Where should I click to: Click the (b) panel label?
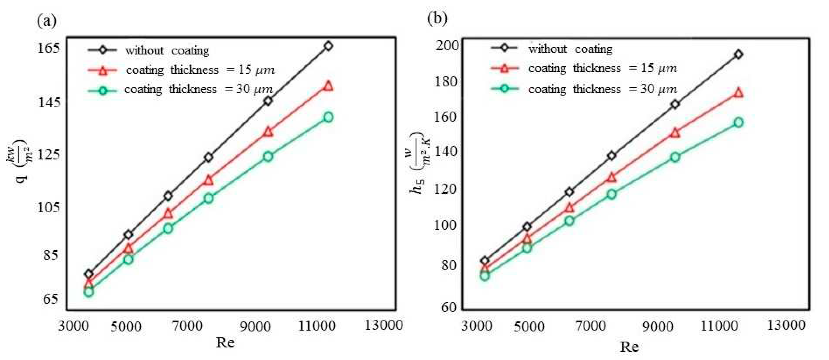point(437,18)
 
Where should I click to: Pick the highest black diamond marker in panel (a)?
point(328,46)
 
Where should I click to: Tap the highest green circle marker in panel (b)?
point(739,122)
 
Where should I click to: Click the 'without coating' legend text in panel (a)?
point(167,51)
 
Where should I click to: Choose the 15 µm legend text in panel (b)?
point(603,69)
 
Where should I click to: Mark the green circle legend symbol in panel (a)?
point(103,90)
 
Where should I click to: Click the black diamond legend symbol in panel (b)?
point(505,48)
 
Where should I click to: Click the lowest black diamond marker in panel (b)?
point(485,260)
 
